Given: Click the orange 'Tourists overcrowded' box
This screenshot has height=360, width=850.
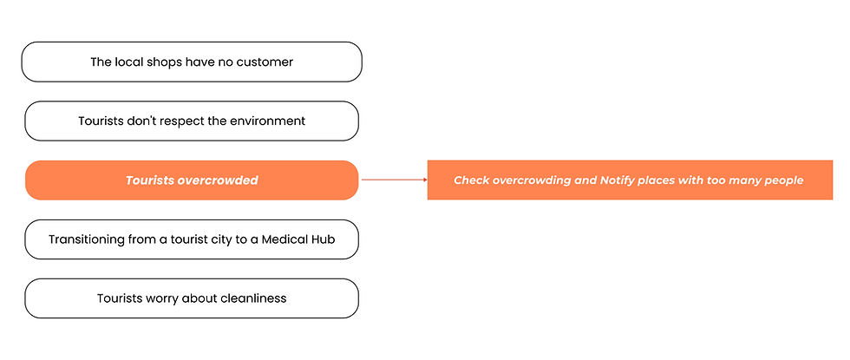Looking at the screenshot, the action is [x=192, y=180].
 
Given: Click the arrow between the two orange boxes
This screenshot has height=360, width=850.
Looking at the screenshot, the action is [x=395, y=180].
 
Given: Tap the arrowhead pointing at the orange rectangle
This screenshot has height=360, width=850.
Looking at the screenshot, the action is [x=426, y=180].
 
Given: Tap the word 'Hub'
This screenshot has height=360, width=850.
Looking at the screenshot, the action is [x=323, y=239].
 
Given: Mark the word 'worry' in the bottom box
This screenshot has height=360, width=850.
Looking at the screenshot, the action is [x=161, y=298].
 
